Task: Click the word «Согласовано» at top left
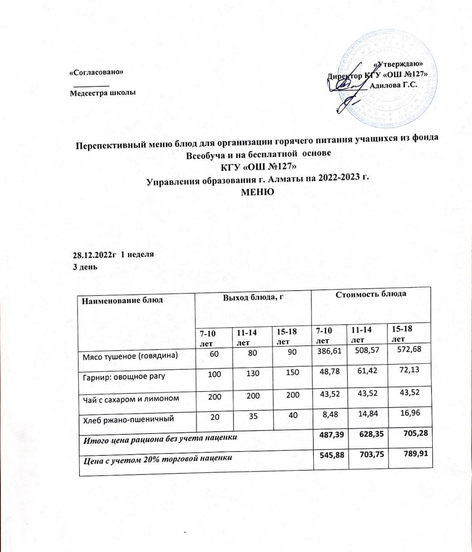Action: (x=97, y=72)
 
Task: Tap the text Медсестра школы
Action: (x=103, y=93)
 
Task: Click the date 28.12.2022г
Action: (x=94, y=254)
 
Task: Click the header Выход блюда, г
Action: (x=251, y=298)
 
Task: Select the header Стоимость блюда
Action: (x=371, y=294)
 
